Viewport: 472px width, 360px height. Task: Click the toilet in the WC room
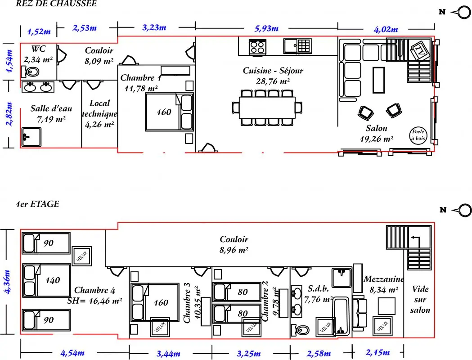(30, 72)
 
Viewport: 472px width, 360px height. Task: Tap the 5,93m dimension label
(266, 29)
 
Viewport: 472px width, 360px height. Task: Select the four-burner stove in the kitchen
(257, 47)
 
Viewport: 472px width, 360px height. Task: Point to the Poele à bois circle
(418, 135)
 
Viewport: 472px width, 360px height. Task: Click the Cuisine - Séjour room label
(273, 76)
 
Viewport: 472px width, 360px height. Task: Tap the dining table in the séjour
(267, 108)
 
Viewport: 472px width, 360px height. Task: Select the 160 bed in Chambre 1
(169, 112)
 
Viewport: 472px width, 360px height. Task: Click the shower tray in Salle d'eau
(31, 137)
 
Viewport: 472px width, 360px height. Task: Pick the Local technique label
(99, 114)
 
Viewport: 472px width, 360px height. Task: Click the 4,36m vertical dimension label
(7, 281)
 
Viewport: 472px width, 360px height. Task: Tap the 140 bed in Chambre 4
(47, 280)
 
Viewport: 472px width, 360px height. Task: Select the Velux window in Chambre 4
(81, 256)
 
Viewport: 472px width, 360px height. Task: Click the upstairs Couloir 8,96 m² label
(234, 244)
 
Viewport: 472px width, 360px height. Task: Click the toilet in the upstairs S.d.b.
(300, 330)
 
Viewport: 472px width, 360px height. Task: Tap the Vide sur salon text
(420, 300)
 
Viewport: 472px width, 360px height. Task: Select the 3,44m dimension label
(169, 353)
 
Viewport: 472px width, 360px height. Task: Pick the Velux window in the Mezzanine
(382, 326)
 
